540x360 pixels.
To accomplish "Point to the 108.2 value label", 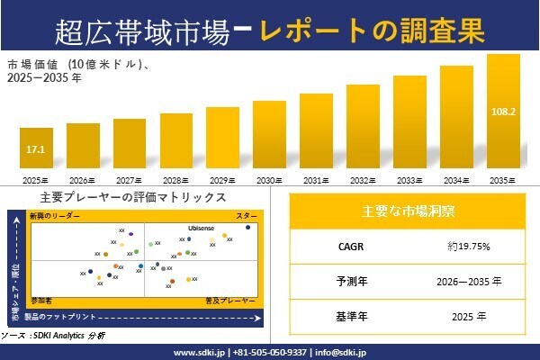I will click(503, 112).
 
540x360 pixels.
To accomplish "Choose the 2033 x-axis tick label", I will click(409, 180).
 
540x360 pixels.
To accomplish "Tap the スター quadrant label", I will click(247, 217).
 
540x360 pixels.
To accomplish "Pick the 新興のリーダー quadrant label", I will click(55, 217).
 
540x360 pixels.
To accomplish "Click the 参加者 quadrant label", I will click(42, 297).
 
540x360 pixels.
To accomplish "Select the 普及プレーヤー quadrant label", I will click(231, 297).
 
